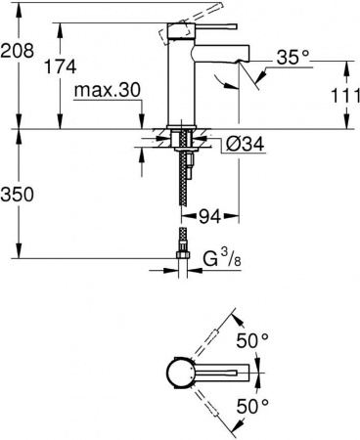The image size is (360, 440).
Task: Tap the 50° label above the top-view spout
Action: (253, 340)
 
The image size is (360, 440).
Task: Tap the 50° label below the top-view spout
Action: (253, 404)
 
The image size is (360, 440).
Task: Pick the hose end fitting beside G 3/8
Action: (182, 260)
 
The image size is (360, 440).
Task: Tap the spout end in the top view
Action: (256, 372)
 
